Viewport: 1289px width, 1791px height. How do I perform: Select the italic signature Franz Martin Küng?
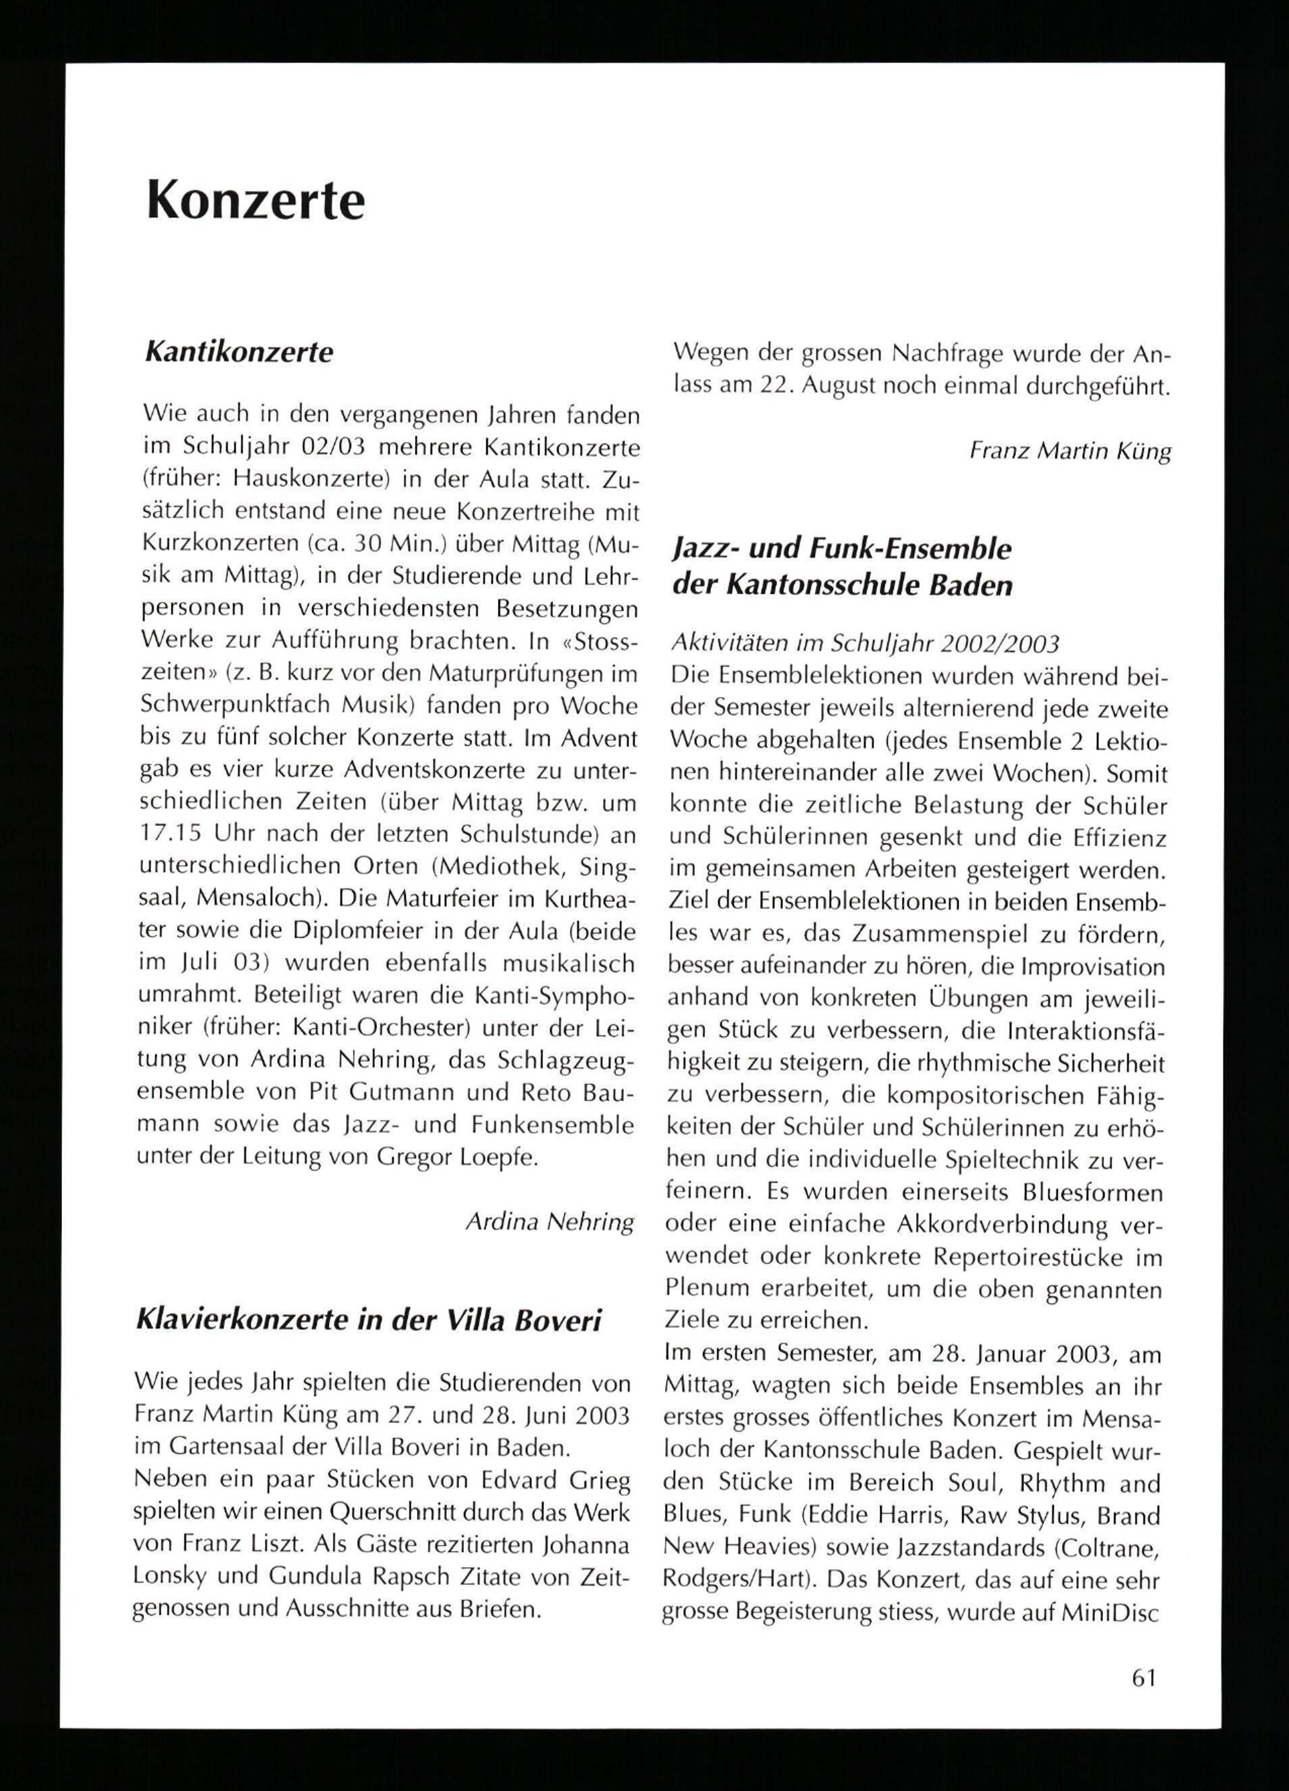pyautogui.click(x=1069, y=452)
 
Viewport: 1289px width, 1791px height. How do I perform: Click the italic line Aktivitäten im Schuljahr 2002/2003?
pyautogui.click(x=864, y=644)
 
